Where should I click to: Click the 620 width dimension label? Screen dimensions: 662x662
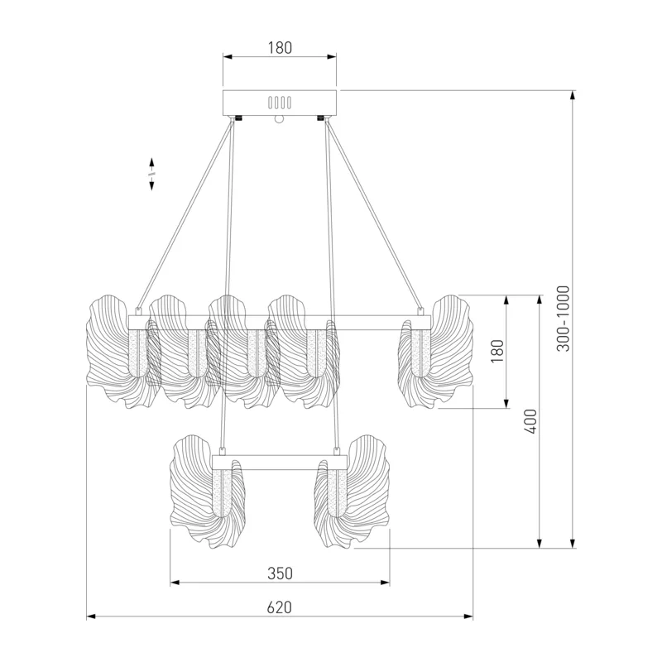tap(280, 607)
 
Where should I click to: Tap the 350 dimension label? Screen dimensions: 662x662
tap(280, 573)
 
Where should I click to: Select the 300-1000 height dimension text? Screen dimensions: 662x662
tap(564, 319)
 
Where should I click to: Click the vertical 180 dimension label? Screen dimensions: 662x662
tap(498, 351)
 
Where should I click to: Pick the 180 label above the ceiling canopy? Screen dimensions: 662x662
tap(280, 48)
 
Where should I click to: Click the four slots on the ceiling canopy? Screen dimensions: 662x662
tap(280, 103)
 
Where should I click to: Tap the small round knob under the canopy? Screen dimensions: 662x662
tap(279, 119)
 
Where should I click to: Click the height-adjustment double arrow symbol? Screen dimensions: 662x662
tap(151, 174)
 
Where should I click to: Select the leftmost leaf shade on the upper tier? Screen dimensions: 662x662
tap(118, 352)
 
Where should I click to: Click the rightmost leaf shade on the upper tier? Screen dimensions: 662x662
tap(436, 352)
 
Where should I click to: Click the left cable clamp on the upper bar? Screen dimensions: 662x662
tap(137, 312)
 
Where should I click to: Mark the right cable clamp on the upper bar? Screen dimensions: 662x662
tap(420, 312)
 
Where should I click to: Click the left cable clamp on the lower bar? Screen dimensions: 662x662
tap(222, 452)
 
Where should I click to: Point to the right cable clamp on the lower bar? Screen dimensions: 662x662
tap(337, 452)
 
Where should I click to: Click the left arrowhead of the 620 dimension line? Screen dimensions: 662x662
tap(91, 616)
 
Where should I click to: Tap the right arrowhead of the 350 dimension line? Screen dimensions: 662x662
tap(385, 583)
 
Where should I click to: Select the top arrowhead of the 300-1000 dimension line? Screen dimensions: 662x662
tap(573, 95)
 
